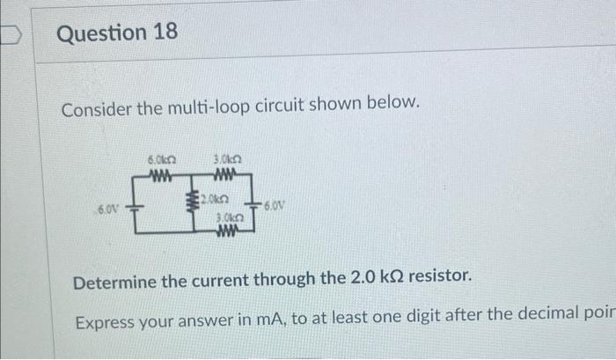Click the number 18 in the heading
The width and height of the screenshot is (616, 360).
[164, 34]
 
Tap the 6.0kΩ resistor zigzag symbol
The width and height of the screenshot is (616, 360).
[161, 173]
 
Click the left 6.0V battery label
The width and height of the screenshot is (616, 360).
[107, 209]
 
